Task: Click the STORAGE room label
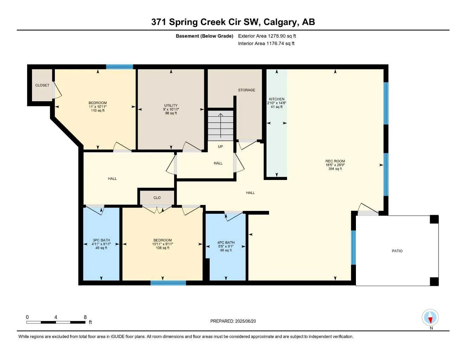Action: [247, 90]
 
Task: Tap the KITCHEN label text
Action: [277, 99]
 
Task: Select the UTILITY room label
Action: [171, 105]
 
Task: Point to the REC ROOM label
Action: [335, 161]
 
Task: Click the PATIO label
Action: [397, 251]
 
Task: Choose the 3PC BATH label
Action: [101, 240]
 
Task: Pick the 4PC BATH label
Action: [226, 242]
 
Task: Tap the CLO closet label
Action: [157, 198]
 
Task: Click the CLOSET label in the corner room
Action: [42, 85]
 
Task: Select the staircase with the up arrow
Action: [221, 126]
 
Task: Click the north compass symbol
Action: [430, 317]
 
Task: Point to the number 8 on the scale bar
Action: [85, 317]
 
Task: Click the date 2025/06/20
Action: [245, 321]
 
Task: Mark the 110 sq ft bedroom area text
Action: [98, 111]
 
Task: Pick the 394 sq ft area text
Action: [335, 169]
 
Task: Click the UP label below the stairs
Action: [221, 147]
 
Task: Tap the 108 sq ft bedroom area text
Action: [162, 248]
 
